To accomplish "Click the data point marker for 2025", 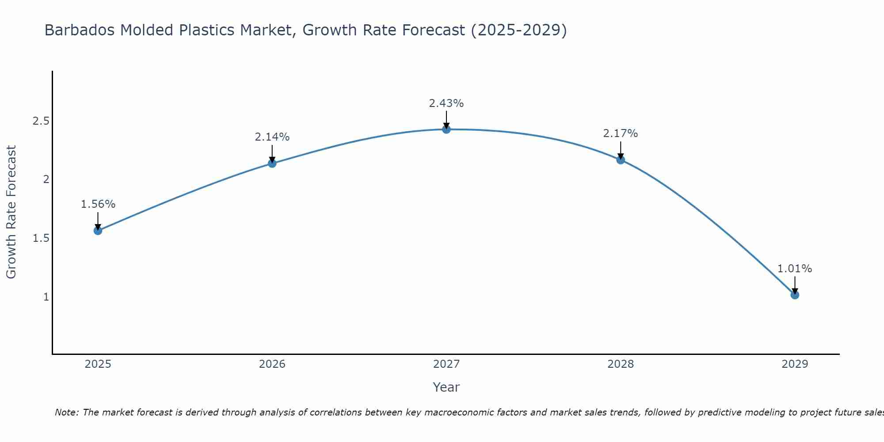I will point(98,230).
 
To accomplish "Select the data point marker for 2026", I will point(272,163).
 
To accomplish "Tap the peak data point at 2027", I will point(446,129).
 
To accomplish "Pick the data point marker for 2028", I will point(621,160).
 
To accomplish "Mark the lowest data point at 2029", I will point(795,295).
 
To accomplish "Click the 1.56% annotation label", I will point(98,204).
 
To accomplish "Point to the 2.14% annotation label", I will point(272,137).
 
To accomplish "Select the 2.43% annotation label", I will point(446,103).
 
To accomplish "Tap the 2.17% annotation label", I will point(621,133).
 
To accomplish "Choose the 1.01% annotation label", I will point(795,269).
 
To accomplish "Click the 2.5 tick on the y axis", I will point(41,121).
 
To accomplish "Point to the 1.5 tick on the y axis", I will point(41,238).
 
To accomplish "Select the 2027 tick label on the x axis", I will point(446,364).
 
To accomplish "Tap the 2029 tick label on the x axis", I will point(795,364).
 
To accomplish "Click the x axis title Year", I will point(446,387).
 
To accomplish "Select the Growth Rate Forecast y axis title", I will point(11,212).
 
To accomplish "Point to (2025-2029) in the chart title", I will point(519,30).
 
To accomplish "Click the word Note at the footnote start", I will point(66,412).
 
